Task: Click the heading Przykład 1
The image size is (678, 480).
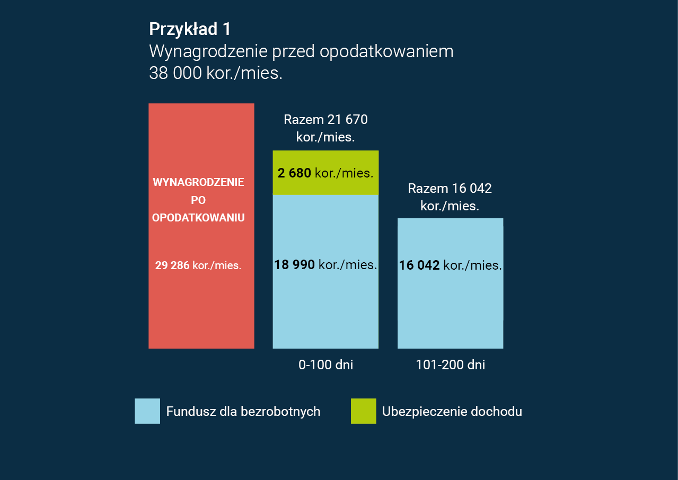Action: coord(190,29)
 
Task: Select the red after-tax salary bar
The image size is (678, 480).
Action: coord(201,307)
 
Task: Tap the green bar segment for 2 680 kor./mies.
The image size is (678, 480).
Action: coord(325,159)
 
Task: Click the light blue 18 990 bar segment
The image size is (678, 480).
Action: coord(325,307)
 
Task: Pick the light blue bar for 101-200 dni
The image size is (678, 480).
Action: coord(450,307)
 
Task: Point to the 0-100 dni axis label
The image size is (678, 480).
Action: coord(325,365)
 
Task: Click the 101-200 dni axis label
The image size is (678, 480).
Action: coord(450,365)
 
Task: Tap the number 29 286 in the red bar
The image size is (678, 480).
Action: coord(172,265)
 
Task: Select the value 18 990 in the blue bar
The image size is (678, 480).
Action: coord(294,265)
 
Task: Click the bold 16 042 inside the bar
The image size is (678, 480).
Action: coord(419,265)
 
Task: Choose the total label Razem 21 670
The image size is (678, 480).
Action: coord(325,120)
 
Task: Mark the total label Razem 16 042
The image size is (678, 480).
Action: coord(450,189)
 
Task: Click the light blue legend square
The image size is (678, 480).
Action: coord(147,411)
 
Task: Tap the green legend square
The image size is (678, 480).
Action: coord(363,411)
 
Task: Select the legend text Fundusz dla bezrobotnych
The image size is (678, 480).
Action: coord(243,412)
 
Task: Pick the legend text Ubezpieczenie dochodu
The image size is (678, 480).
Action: coord(452,412)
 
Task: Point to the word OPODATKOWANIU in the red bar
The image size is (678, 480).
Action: coord(198,218)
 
